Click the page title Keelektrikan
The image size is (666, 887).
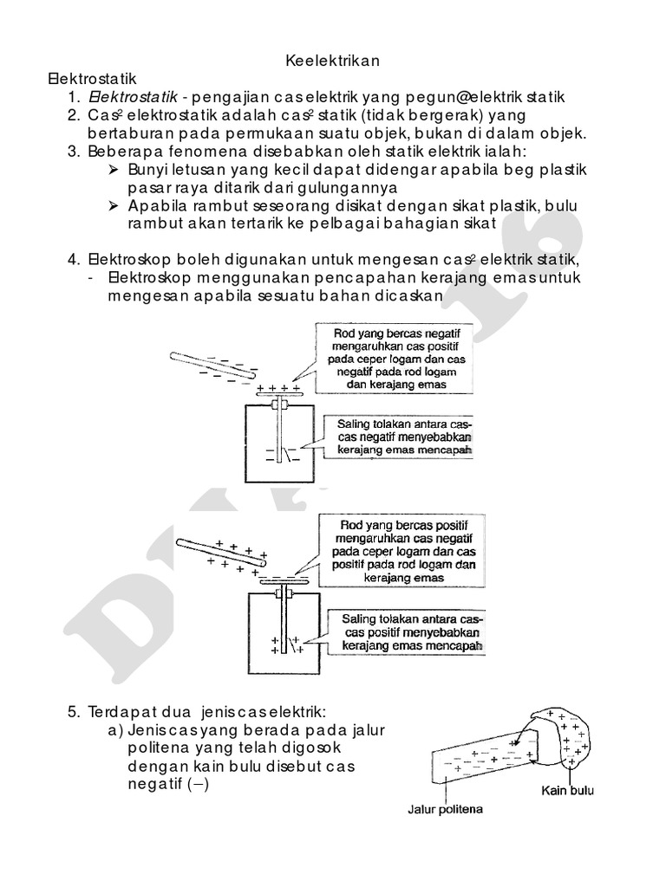pyautogui.click(x=332, y=62)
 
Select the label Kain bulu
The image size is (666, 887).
pyautogui.click(x=567, y=789)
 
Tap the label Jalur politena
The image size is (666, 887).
pyautogui.click(x=445, y=811)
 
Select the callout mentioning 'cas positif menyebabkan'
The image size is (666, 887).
pyautogui.click(x=407, y=633)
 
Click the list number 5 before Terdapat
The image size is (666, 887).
pyautogui.click(x=73, y=712)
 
